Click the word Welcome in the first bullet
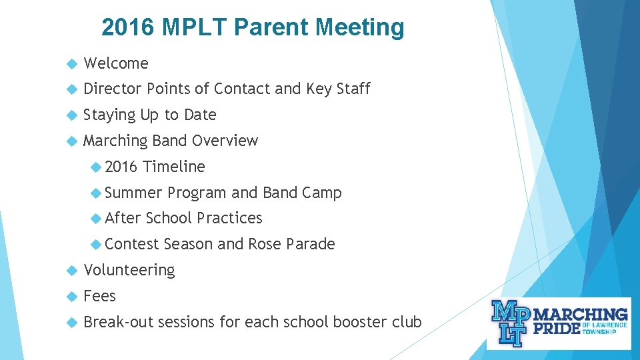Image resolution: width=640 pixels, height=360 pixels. pos(116,63)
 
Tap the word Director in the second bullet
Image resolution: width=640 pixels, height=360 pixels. pos(113,89)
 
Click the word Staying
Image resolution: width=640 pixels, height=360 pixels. pos(109,115)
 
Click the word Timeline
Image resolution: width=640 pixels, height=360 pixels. pos(174,167)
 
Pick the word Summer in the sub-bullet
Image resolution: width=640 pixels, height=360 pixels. pos(133,193)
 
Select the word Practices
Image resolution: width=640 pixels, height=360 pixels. pos(229,218)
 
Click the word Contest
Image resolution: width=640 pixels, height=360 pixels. pos(132,244)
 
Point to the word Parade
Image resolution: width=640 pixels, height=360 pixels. pos(310,244)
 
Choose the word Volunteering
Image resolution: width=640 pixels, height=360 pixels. pos(129,270)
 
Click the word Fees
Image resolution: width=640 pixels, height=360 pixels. pos(99,296)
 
